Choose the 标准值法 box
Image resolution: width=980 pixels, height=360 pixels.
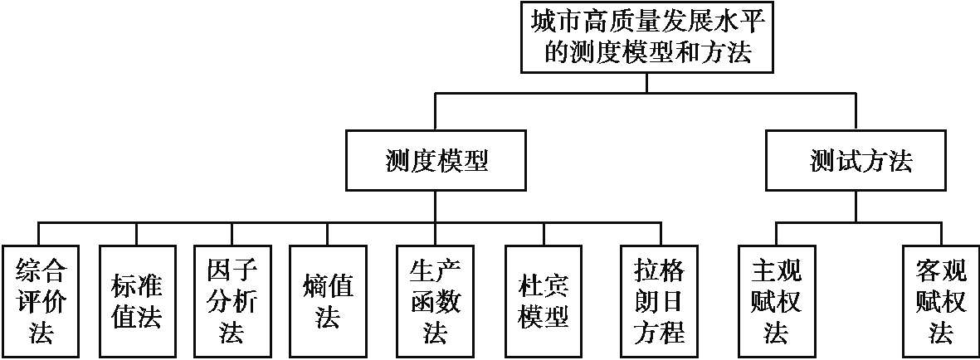coord(136,301)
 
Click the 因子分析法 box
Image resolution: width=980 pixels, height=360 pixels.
coord(232,301)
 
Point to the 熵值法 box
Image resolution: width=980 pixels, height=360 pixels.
coord(327,301)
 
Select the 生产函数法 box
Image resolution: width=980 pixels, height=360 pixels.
coord(436,301)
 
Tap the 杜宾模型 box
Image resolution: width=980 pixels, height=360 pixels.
coord(544,301)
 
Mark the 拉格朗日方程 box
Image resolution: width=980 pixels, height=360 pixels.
coord(661,301)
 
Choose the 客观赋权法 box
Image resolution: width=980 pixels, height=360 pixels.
coord(940,301)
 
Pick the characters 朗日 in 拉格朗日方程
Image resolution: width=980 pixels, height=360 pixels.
coord(661,301)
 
